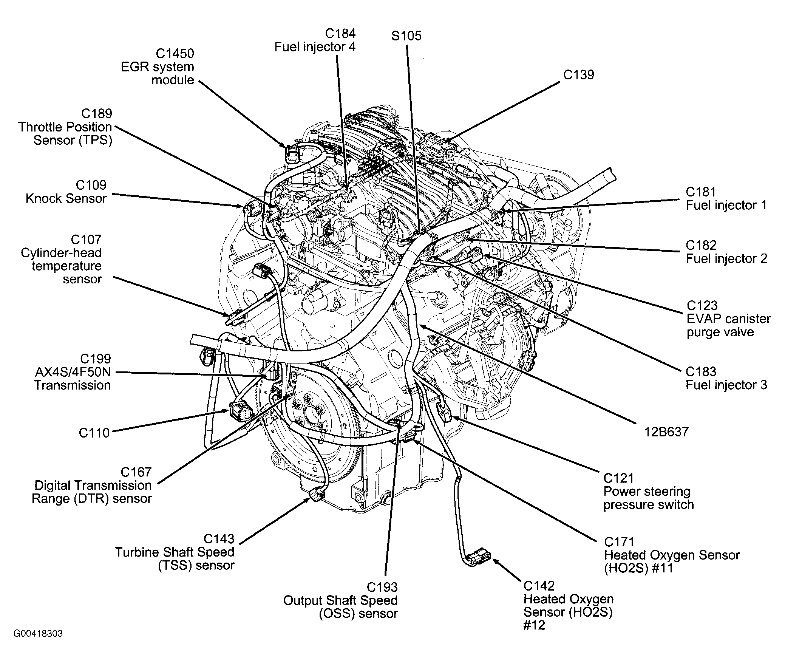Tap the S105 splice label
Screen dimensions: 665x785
click(x=406, y=36)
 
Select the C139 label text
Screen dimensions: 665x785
click(x=578, y=75)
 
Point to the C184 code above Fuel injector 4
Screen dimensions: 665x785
click(x=340, y=34)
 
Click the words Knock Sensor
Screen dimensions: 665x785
click(x=66, y=199)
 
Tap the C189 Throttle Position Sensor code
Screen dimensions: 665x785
click(x=97, y=114)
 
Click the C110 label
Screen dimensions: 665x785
click(x=94, y=433)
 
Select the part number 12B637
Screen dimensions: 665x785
click(x=666, y=431)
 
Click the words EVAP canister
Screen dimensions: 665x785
click(x=728, y=319)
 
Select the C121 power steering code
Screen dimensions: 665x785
click(x=618, y=478)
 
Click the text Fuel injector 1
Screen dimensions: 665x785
click(x=726, y=206)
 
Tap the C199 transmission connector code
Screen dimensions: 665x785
click(x=96, y=359)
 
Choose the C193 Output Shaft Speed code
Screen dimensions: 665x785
click(x=382, y=587)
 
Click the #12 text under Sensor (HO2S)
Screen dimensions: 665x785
click(x=534, y=625)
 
